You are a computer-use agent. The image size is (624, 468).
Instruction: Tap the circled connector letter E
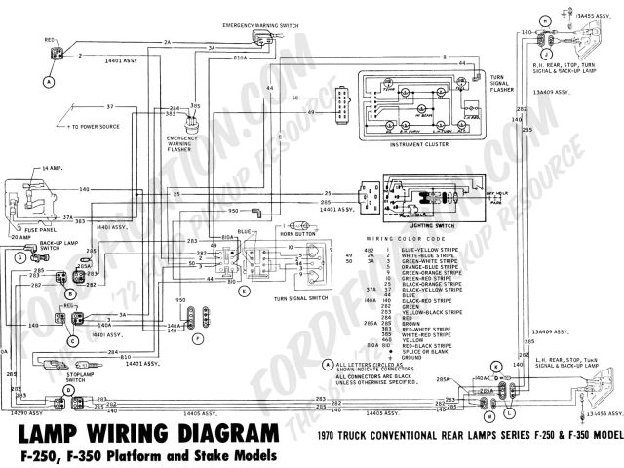(x=244, y=292)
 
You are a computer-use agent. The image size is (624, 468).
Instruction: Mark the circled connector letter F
(x=198, y=338)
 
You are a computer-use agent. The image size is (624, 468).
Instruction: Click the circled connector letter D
(x=69, y=391)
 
